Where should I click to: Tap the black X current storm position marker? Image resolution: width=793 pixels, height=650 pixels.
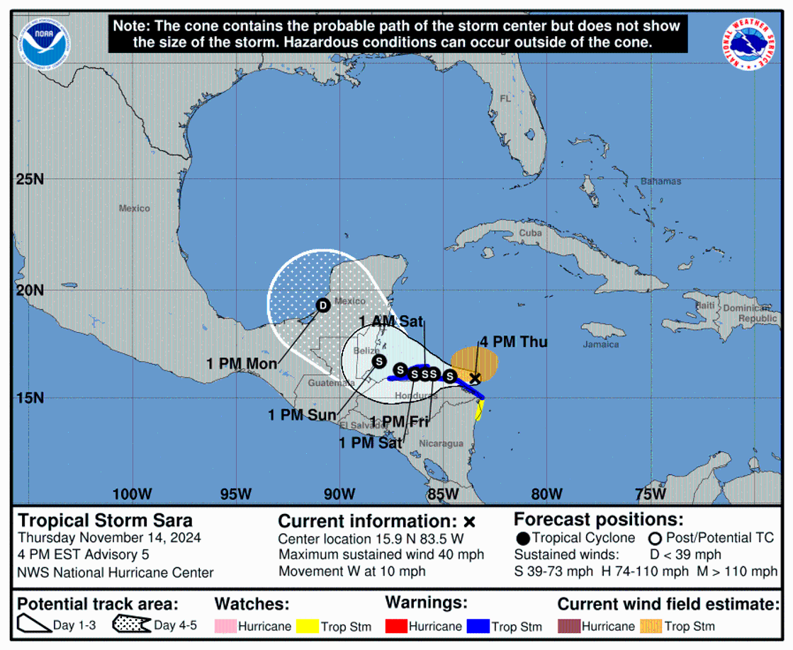coord(475,378)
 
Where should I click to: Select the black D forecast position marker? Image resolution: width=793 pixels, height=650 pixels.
coord(323,305)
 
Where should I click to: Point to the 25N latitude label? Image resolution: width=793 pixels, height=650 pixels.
coord(30,179)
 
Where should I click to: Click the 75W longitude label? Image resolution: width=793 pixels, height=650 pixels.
coord(650,494)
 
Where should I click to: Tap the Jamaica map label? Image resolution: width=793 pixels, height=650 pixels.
coord(602,345)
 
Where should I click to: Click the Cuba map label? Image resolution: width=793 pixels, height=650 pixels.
coord(530,233)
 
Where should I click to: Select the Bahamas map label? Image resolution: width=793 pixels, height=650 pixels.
coord(660,181)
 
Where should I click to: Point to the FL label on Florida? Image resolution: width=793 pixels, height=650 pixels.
coord(505,99)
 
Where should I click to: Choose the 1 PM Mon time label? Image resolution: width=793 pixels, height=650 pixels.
coord(242,363)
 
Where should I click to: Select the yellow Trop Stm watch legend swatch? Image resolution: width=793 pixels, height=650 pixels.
coord(307,626)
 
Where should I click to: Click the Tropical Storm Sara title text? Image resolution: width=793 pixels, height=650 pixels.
coord(105,520)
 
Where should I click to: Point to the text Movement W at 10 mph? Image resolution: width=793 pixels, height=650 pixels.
coord(352,571)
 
